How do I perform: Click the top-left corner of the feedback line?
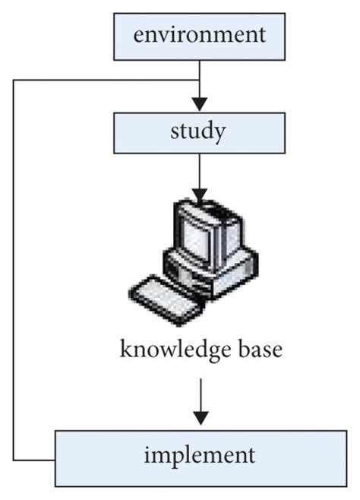(13, 79)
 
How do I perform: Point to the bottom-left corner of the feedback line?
(13, 460)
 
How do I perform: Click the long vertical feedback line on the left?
(13, 266)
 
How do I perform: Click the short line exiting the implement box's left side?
(34, 460)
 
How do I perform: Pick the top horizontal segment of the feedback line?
(106, 79)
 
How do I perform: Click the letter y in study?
(219, 134)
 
